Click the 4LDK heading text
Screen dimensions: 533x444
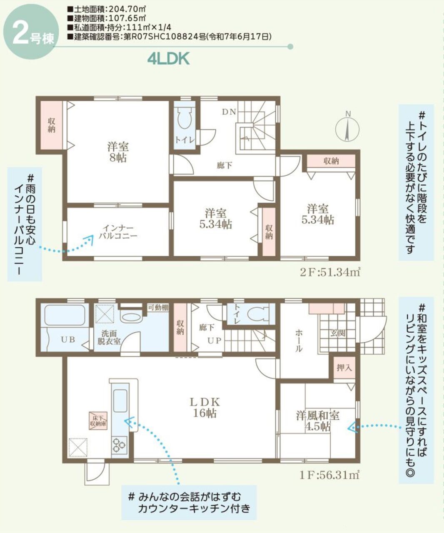pyautogui.click(x=168, y=59)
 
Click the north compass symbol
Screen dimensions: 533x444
pyautogui.click(x=348, y=127)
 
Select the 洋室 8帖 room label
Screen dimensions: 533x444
pyautogui.click(x=118, y=152)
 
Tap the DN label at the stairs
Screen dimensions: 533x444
pyautogui.click(x=229, y=112)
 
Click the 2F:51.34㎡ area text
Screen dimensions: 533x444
pyautogui.click(x=329, y=273)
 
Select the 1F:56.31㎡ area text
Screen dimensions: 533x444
pyautogui.click(x=329, y=474)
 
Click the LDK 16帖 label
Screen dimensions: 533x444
pyautogui.click(x=205, y=408)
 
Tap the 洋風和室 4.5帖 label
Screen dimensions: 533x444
pyautogui.click(x=317, y=421)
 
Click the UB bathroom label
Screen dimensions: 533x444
pyautogui.click(x=68, y=339)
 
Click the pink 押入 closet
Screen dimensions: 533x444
pyautogui.click(x=344, y=368)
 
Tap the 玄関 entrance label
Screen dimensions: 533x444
pyautogui.click(x=336, y=333)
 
